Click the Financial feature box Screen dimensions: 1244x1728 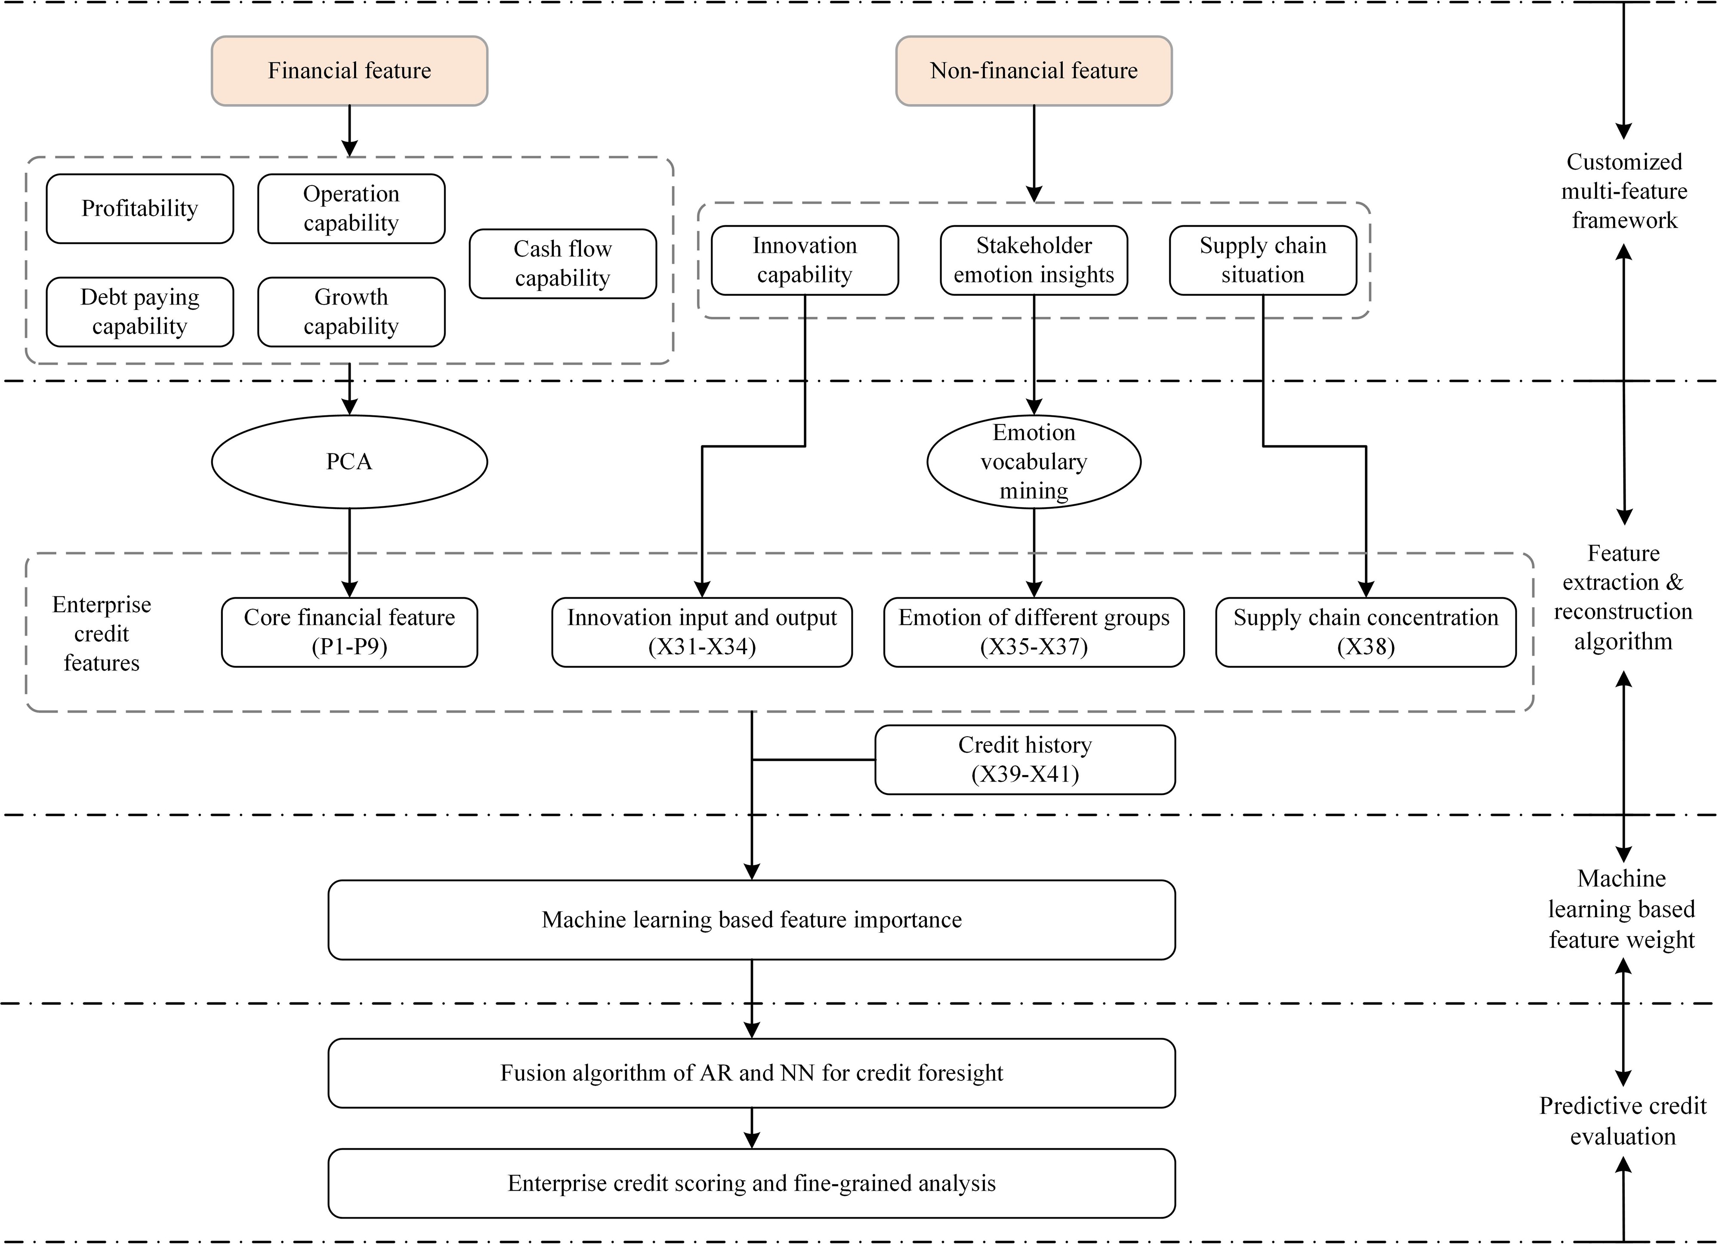[349, 71]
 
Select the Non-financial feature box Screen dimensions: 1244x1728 [1033, 71]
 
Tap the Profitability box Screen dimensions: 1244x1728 [139, 208]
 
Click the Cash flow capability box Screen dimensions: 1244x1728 [562, 263]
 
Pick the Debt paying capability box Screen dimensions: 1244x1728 [139, 311]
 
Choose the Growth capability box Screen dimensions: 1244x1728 [351, 311]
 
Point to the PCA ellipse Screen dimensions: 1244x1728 [349, 461]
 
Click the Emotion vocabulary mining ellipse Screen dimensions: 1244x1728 [1033, 461]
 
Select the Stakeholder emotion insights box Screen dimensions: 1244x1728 [1033, 260]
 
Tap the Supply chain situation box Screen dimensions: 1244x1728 [1262, 260]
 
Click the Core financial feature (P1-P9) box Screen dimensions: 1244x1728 [349, 632]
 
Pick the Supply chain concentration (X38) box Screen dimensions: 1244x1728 [1365, 632]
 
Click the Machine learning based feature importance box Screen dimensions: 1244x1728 [751, 919]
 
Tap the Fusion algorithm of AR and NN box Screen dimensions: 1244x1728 [751, 1073]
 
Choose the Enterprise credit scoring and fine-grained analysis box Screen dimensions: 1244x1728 [751, 1183]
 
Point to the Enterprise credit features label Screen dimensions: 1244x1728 [102, 633]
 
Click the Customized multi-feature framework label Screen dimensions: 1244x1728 [1623, 191]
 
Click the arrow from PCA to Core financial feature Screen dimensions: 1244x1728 [349, 552]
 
